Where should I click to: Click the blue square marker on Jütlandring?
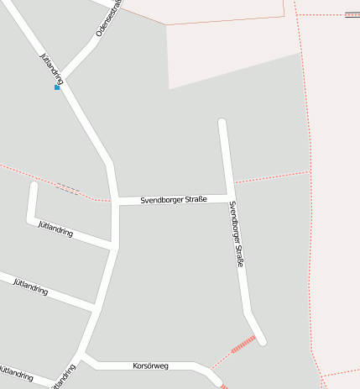[x=57, y=87]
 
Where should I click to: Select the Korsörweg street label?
[x=151, y=365]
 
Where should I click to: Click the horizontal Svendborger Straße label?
[x=174, y=199]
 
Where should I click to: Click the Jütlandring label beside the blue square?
[x=52, y=67]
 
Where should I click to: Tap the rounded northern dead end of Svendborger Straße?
[x=222, y=124]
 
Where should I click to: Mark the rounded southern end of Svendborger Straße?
[x=262, y=341]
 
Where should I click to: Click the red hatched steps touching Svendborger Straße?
[x=243, y=344]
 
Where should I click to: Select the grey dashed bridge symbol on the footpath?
[x=67, y=189]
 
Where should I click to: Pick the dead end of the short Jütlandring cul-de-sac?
[x=34, y=185]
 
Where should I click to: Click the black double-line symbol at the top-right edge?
[x=352, y=14]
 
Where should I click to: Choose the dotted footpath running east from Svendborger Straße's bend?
[x=273, y=177]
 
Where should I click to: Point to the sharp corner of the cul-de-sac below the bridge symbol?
[x=32, y=221]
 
